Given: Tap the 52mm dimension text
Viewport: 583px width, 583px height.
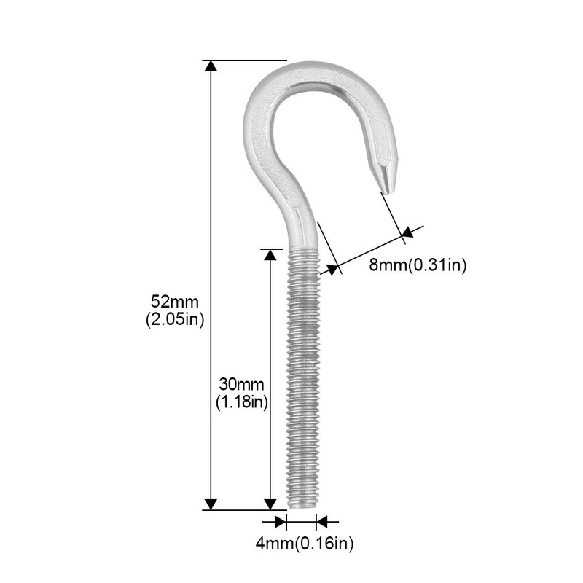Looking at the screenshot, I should tap(175, 300).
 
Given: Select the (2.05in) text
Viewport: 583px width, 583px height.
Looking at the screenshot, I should tap(175, 318).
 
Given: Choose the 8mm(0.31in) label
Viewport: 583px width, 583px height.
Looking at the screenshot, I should tap(417, 265).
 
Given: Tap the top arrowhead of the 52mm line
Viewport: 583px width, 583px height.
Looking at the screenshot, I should tap(211, 66).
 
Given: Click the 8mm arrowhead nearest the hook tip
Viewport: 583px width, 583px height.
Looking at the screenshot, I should tap(407, 233).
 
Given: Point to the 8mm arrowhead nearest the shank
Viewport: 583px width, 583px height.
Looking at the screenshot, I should tap(334, 269).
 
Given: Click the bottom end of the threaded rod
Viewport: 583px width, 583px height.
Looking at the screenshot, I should tap(302, 506).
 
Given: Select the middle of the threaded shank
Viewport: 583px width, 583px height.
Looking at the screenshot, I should tap(302, 379).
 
